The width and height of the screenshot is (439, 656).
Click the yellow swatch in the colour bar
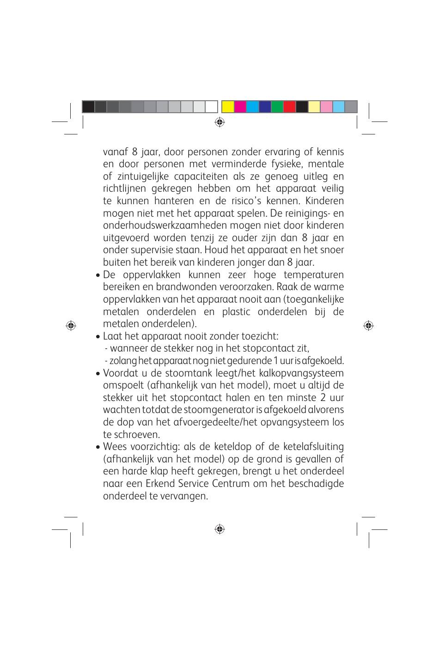point(227,107)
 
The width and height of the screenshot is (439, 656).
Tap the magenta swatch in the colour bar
point(240,107)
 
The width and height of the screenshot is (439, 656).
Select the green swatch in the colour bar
point(277,107)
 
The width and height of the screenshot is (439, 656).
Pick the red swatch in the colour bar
point(289,107)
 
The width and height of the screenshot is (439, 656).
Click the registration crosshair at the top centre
point(219,122)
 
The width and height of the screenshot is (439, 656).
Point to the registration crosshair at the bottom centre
point(219,529)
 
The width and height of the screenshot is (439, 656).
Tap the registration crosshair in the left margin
point(71,325)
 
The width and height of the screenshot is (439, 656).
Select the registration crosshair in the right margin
point(368,325)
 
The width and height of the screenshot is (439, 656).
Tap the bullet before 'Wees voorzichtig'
point(98,448)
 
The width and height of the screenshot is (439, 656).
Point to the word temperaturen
point(314,275)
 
